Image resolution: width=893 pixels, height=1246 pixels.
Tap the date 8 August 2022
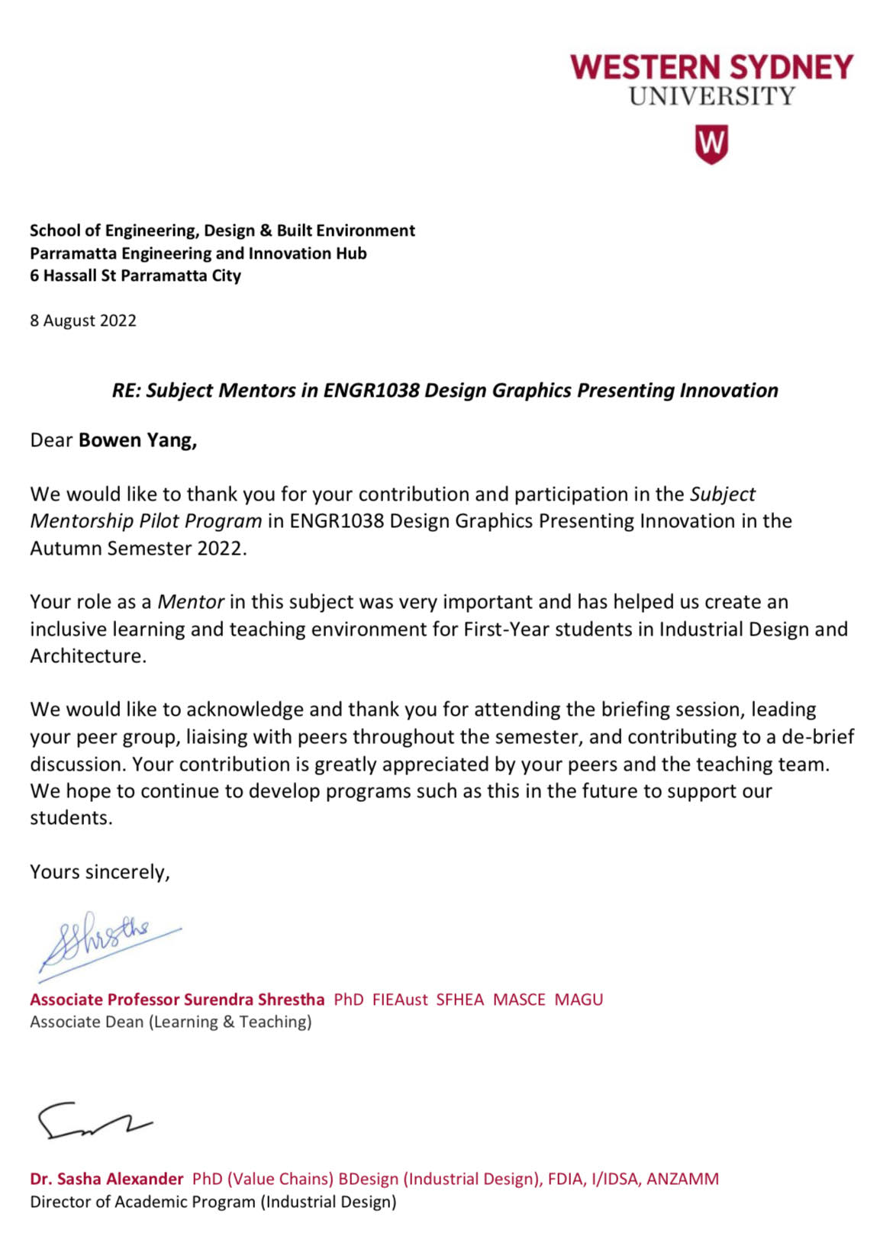[83, 320]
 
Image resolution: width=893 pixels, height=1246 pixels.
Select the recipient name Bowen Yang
[137, 440]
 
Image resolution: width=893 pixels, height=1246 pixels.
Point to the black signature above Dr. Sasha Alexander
[92, 1120]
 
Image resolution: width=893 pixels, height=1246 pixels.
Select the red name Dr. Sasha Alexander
[107, 1179]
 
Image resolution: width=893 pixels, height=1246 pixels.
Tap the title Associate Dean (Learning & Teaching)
[171, 1022]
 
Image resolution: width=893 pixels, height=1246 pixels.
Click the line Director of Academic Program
[213, 1202]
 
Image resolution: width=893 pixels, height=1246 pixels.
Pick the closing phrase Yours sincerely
[99, 872]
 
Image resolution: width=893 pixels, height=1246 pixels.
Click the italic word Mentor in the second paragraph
[190, 602]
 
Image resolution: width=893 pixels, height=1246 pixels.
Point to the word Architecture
[87, 656]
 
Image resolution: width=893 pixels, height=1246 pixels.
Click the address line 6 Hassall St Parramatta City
[135, 275]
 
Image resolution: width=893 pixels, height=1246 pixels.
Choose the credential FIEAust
[400, 1000]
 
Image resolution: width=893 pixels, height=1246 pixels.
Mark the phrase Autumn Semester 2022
[137, 549]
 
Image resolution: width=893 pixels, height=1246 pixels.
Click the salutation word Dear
[51, 440]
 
